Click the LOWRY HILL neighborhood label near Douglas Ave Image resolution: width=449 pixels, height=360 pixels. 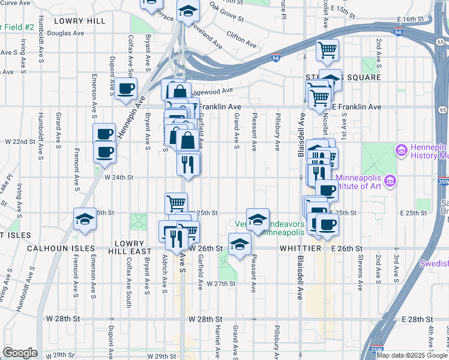tap(79, 21)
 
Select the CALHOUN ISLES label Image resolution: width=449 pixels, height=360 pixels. tap(60, 248)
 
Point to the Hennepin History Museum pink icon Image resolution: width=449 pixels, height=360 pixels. tap(401, 148)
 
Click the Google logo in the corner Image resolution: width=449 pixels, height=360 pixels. tap(20, 352)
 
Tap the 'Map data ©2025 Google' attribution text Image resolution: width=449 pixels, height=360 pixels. tap(412, 355)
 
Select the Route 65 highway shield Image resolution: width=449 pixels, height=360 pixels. tap(442, 110)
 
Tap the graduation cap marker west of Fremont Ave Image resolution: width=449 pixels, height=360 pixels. tap(85, 220)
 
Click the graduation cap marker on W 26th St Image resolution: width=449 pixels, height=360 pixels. tap(239, 245)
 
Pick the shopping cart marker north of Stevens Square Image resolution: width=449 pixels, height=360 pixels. tap(327, 50)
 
